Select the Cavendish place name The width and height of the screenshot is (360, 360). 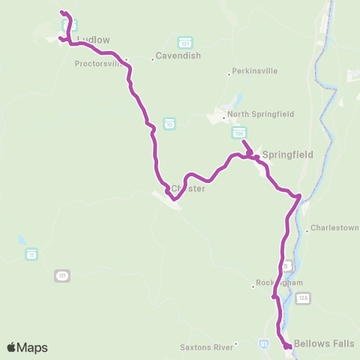pyautogui.click(x=178, y=56)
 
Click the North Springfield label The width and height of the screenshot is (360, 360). pyautogui.click(x=260, y=114)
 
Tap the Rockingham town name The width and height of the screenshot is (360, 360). pyautogui.click(x=281, y=283)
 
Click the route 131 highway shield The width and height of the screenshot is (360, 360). pyautogui.click(x=184, y=41)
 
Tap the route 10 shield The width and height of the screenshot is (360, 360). pyautogui.click(x=169, y=123)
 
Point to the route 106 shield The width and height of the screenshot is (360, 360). pyautogui.click(x=239, y=133)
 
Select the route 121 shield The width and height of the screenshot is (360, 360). pyautogui.click(x=62, y=276)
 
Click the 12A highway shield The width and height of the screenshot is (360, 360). pyautogui.click(x=302, y=298)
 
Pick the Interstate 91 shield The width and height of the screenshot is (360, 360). pyautogui.click(x=263, y=343)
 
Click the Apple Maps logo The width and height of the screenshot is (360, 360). pyautogui.click(x=27, y=347)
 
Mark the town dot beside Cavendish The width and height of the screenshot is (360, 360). pyautogui.click(x=152, y=58)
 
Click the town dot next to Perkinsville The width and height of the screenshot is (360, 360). pyautogui.click(x=229, y=73)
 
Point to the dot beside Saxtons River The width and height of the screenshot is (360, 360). pyautogui.click(x=235, y=345)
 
